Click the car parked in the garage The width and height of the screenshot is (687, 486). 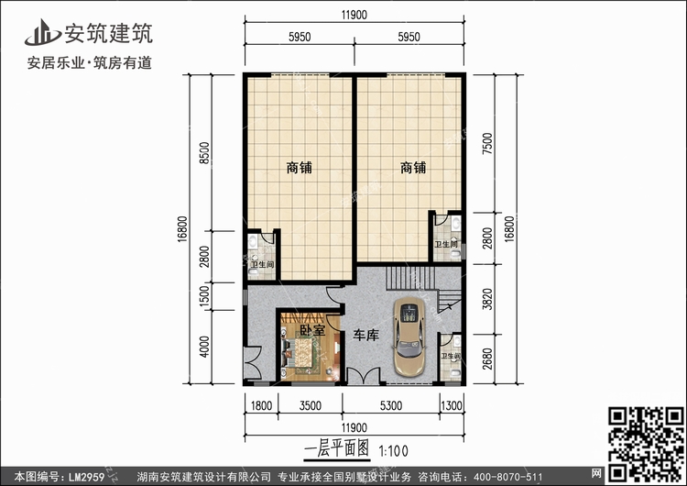(x=409, y=337)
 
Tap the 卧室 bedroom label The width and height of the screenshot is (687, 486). (x=312, y=329)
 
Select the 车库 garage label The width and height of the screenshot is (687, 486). (x=365, y=336)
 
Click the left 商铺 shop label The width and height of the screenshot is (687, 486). (x=300, y=168)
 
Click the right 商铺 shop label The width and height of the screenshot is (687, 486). (x=413, y=168)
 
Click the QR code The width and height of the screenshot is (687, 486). (x=647, y=444)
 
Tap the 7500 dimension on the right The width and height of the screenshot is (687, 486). (x=487, y=143)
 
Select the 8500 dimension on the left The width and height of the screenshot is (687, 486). (x=204, y=153)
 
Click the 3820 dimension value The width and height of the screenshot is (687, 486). (x=487, y=299)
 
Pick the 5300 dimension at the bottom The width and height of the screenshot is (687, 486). (x=391, y=405)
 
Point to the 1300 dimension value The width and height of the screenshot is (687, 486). (x=452, y=405)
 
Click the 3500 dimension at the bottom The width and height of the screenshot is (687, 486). (x=311, y=405)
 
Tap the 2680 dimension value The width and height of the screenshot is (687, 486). (x=487, y=359)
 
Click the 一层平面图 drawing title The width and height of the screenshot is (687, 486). (x=336, y=448)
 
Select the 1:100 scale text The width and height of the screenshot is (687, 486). (x=393, y=451)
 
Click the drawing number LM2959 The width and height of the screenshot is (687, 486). (x=86, y=477)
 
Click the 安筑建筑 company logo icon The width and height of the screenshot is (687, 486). (x=42, y=32)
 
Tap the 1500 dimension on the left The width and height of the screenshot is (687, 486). (x=204, y=296)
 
